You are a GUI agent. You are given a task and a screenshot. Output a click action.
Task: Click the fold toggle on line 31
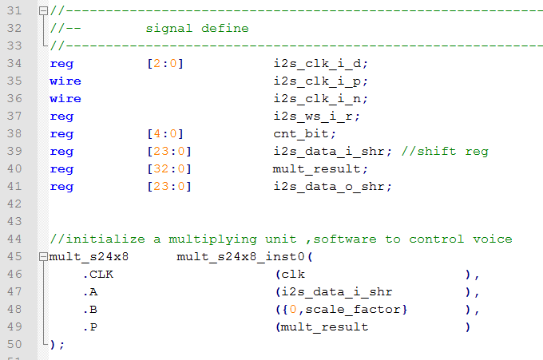tap(43, 11)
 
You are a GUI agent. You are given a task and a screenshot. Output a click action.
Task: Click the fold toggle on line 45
tap(43, 257)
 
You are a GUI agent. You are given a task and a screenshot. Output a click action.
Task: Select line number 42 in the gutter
tap(14, 204)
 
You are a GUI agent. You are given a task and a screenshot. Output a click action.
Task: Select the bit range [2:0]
tap(165, 63)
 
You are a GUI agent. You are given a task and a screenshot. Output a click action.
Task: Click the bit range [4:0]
tap(165, 133)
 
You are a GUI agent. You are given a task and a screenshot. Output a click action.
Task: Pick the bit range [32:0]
tap(169, 169)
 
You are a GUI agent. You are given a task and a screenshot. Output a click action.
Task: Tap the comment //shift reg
tap(445, 152)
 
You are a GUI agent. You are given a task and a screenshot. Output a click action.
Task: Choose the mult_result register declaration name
tap(316, 169)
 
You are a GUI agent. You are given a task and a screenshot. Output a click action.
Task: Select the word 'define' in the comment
tap(225, 28)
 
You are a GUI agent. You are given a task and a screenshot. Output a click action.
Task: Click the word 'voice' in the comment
tap(493, 239)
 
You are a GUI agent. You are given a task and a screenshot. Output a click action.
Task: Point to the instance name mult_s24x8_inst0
tap(240, 257)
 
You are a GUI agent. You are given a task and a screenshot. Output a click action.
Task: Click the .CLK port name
tap(98, 275)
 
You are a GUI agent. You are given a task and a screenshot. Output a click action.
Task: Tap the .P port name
tap(90, 327)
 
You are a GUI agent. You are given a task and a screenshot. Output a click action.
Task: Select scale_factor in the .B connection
tap(352, 310)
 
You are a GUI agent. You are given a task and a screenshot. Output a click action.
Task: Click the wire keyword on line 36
tap(65, 99)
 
